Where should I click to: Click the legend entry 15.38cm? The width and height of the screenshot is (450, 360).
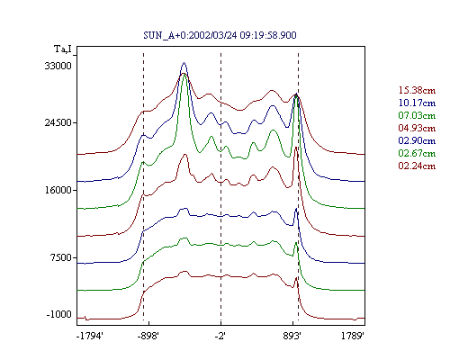(x=417, y=90)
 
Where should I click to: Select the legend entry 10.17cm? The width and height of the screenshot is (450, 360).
(x=417, y=103)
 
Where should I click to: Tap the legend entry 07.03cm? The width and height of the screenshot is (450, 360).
(x=417, y=115)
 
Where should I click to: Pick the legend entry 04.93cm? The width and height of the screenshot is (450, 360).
(x=417, y=128)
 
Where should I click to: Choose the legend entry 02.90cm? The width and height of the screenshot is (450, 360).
(x=417, y=140)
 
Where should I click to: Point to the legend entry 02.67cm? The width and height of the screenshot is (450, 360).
(x=417, y=153)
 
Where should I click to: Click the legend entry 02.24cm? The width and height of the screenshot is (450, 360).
(x=417, y=166)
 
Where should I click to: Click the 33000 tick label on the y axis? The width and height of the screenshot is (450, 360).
(x=58, y=66)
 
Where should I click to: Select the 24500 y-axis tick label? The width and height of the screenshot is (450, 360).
(x=58, y=122)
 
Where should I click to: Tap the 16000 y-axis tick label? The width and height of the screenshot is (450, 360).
(x=58, y=190)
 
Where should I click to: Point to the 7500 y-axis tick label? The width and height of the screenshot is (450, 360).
(x=60, y=257)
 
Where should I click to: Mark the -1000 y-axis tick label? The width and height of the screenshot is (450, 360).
(x=59, y=314)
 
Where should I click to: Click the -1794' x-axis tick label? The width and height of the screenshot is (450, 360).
(x=90, y=337)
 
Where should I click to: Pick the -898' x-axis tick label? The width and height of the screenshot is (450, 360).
(x=148, y=337)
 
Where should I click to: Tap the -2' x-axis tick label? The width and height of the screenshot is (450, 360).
(x=220, y=337)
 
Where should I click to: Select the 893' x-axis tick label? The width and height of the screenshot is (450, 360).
(x=292, y=337)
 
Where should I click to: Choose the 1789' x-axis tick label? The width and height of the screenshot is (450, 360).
(x=353, y=337)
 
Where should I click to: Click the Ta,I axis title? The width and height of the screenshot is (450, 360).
(x=63, y=49)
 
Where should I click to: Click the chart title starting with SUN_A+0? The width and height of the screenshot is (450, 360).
(x=220, y=35)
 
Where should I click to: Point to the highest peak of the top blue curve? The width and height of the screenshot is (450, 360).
(x=184, y=62)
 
